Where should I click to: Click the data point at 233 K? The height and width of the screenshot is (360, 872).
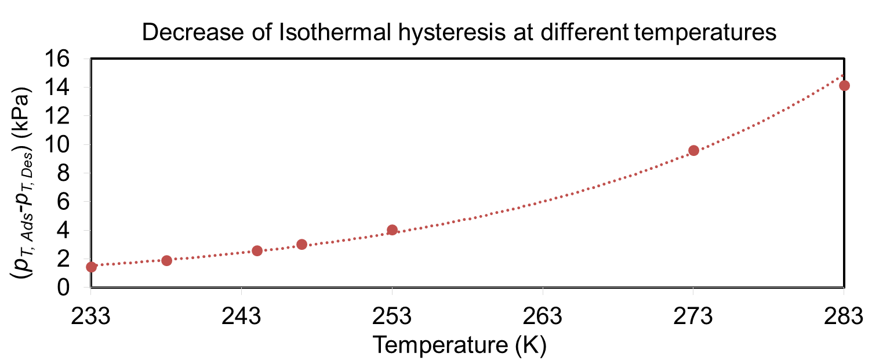click(91, 267)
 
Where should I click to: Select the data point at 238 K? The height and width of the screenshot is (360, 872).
click(166, 260)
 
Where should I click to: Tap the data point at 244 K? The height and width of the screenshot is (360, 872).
click(257, 250)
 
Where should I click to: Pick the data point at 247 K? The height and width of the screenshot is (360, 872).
click(301, 244)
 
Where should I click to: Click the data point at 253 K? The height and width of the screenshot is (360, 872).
click(392, 230)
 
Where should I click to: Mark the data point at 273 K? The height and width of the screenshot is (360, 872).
click(693, 151)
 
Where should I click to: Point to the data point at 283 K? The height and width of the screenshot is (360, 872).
click(844, 85)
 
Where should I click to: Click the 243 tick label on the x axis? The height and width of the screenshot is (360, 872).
click(242, 317)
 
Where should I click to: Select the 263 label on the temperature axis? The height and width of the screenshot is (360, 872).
click(543, 317)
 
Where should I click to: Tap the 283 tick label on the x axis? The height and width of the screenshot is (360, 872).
click(844, 317)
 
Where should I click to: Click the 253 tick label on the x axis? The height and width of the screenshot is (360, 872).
click(392, 317)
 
